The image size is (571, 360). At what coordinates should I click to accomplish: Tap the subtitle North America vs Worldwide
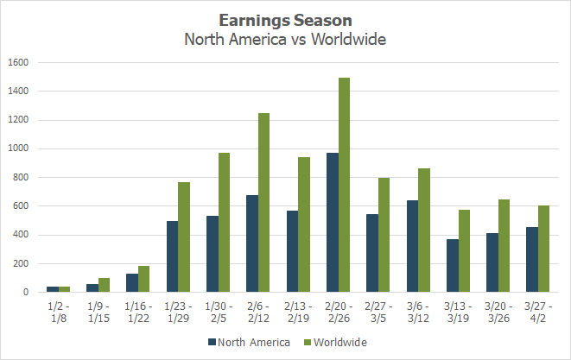[x=285, y=39]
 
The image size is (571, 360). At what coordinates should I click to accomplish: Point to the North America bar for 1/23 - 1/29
[x=173, y=256]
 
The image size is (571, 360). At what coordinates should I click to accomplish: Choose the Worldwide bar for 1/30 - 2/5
[x=224, y=223]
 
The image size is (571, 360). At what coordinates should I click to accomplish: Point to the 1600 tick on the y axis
[x=18, y=63]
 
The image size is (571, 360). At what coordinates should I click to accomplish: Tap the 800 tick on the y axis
[x=21, y=178]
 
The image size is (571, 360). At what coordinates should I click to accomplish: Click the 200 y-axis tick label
[x=21, y=264]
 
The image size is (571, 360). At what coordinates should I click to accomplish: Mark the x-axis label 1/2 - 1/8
[x=59, y=311]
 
